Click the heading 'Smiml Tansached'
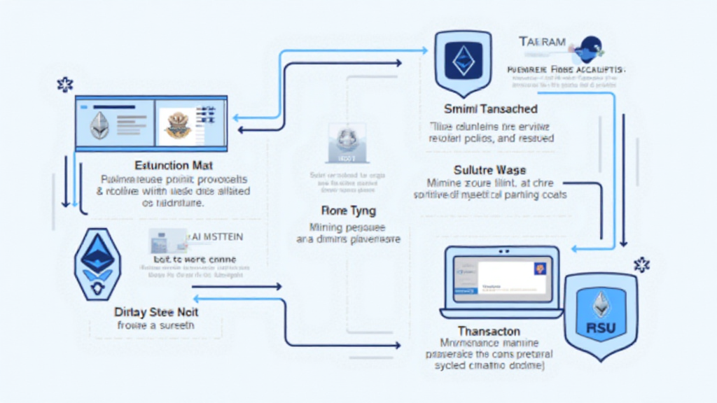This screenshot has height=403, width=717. point(491,109)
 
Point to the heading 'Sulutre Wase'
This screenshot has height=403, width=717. point(489,170)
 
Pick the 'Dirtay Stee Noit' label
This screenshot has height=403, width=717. point(155,311)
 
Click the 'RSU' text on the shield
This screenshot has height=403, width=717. point(600,325)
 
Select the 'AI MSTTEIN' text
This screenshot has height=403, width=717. point(217,237)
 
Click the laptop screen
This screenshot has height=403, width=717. point(499,277)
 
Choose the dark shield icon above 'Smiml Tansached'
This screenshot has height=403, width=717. point(463,63)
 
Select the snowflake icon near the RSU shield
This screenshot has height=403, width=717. point(641,264)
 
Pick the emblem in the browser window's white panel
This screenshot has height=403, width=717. point(175,125)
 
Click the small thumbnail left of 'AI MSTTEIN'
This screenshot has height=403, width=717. point(167,241)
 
